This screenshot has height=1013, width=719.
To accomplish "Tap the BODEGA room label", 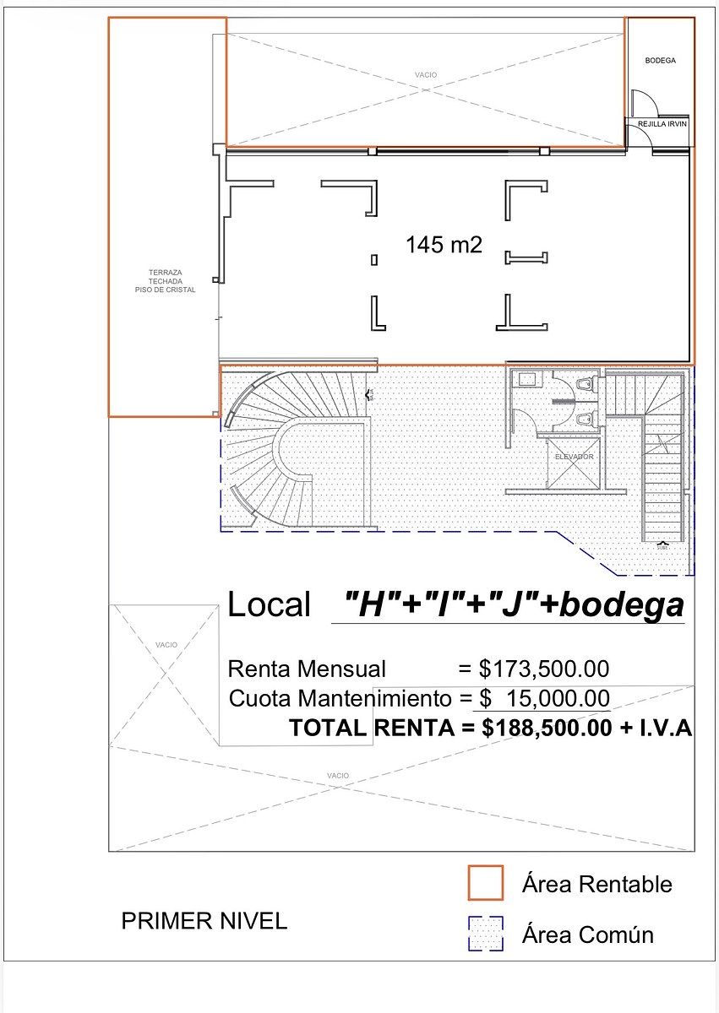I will pos(660,61).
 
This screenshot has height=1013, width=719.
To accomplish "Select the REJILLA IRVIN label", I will pos(662,124).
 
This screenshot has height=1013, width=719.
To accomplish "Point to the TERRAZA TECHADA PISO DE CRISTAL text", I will pos(165,281).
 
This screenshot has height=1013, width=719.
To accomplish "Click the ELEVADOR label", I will pos(574,457).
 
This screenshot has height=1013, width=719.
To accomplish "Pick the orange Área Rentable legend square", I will pos(485,883).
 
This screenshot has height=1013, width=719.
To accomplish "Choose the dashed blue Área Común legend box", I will pos(485,934).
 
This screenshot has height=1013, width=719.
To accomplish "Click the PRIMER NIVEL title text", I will pos(204,921).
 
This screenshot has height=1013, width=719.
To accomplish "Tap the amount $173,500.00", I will pos(543,669).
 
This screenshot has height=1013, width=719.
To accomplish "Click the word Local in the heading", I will pos(270,605).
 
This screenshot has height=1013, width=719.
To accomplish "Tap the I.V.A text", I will pos(662,728).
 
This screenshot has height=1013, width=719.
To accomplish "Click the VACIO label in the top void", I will pos(426,75).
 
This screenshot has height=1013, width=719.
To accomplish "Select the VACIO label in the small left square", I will pos(166,645).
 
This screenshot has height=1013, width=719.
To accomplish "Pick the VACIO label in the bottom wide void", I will pos(337,775).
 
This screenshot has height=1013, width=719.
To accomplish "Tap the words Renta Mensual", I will pos(307,669).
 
